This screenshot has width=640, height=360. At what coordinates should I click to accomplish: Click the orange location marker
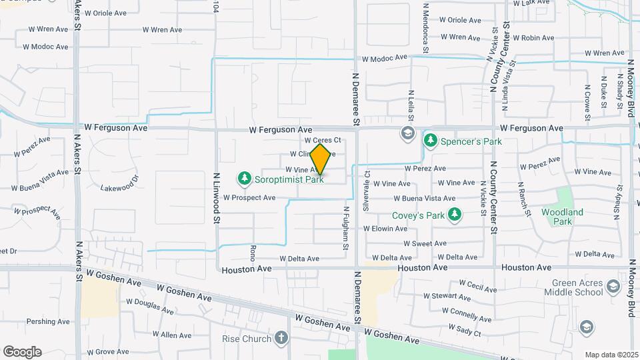321,159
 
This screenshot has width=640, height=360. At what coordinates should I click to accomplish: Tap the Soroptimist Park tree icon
245,179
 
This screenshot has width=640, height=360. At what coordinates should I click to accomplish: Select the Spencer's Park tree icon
430,141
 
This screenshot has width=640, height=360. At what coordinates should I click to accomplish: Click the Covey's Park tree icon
455,215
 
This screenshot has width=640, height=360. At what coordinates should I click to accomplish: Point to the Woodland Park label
563,217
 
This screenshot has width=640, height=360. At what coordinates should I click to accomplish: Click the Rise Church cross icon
281,338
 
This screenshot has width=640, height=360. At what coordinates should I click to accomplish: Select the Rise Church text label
247,339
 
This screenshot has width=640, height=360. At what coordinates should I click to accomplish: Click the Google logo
22,352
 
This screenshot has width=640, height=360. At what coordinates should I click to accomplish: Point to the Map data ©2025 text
610,355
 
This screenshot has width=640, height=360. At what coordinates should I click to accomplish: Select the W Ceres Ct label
323,141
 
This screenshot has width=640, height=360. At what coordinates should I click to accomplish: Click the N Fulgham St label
346,228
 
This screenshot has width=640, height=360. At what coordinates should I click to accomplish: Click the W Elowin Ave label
385,228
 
